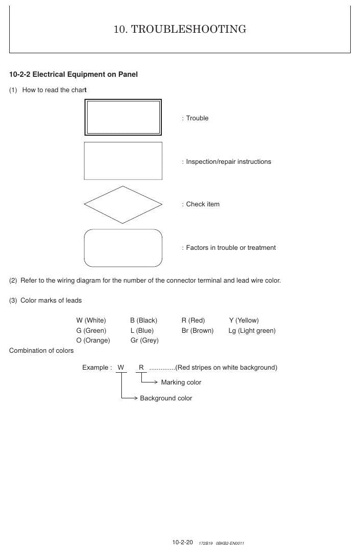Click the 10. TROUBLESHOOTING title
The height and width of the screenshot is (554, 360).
[x=180, y=29]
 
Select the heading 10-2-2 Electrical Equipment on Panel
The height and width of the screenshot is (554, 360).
[x=73, y=74]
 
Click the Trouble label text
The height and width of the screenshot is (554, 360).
[x=197, y=118]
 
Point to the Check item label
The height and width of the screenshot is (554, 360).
[x=203, y=204]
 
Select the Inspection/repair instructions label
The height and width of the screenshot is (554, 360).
[x=228, y=161]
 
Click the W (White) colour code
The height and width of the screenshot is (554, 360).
[x=91, y=321]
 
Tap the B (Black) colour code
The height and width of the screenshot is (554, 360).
[x=143, y=321]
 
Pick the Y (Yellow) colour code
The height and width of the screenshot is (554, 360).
[x=244, y=321]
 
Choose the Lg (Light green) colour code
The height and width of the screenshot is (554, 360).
[x=252, y=331]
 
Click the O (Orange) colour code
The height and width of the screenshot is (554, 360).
[x=93, y=340]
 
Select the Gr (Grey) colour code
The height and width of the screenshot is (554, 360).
[x=144, y=340]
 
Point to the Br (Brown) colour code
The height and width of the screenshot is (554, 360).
[x=198, y=331]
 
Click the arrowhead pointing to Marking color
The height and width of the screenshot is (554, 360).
[x=156, y=382]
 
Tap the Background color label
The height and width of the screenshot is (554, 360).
[x=166, y=398]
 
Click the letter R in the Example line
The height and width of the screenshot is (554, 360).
[x=141, y=368]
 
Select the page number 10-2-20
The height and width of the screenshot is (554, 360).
[x=183, y=542]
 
